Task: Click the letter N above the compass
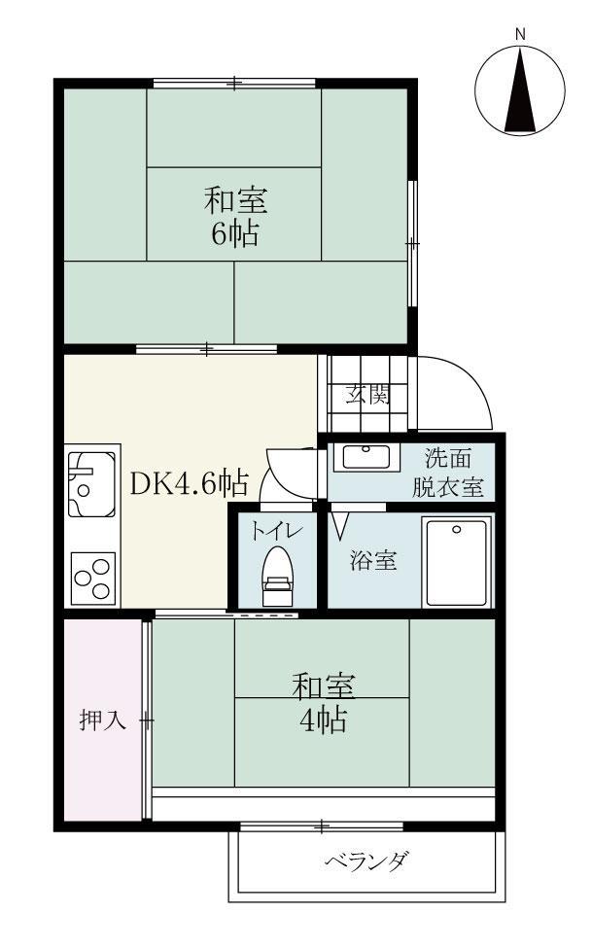520,34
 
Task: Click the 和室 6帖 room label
234,218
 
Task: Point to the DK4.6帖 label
189,481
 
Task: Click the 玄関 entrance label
369,395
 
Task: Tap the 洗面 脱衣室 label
448,472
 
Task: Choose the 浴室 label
372,562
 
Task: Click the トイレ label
277,531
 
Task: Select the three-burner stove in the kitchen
92,580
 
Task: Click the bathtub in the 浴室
456,562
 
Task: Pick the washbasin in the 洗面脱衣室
366,456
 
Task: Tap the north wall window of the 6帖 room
234,84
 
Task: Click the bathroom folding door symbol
340,525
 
